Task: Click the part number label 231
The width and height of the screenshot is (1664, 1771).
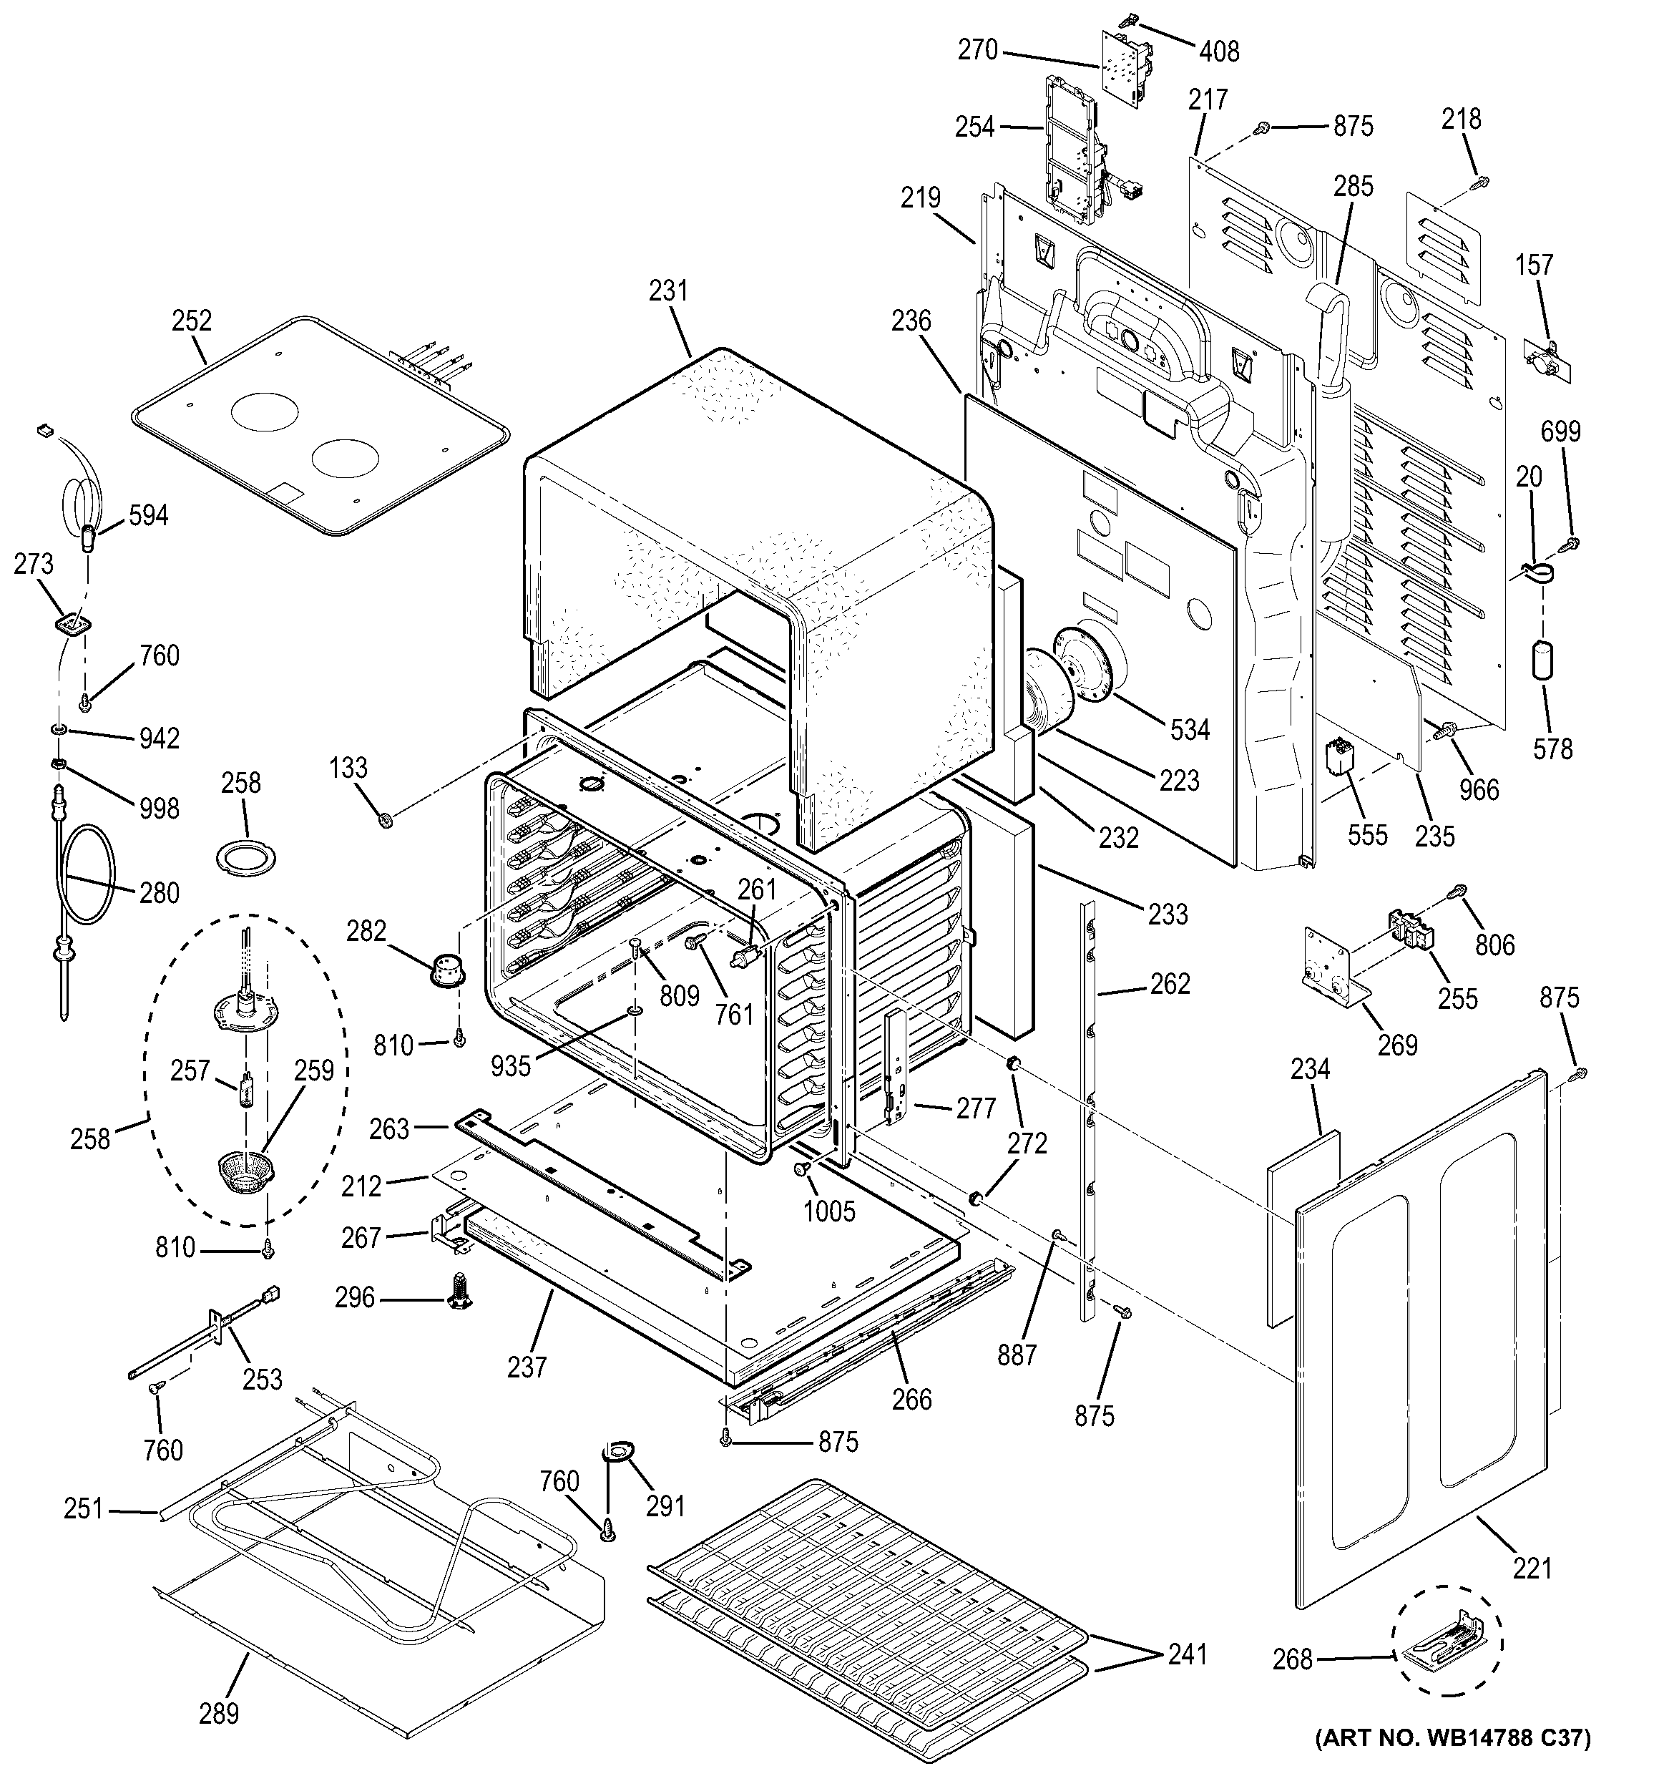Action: point(668,291)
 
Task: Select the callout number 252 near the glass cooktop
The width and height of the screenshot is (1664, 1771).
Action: point(192,321)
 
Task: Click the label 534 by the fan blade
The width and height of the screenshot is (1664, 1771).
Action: point(1190,730)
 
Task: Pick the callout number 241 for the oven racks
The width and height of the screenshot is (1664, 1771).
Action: point(1187,1654)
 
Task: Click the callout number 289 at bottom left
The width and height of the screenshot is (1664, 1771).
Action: point(219,1712)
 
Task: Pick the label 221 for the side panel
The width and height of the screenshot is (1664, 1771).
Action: point(1532,1568)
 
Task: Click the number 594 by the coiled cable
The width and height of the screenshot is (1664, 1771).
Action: point(148,515)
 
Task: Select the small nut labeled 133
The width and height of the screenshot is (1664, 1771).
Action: point(385,818)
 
